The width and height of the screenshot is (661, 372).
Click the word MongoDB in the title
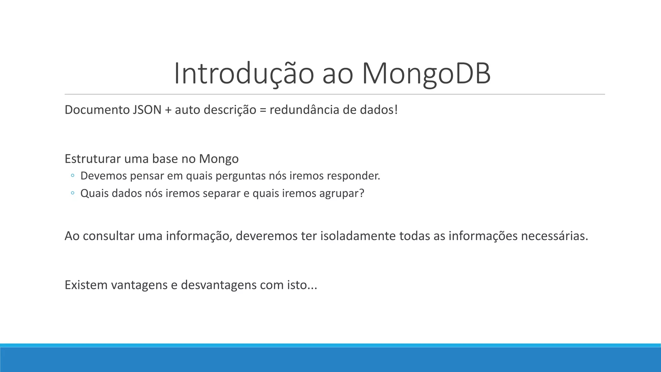(426, 74)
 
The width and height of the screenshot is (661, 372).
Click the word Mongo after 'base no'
(219, 159)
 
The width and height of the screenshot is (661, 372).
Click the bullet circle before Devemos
(73, 176)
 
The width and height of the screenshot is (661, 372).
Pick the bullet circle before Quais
(73, 193)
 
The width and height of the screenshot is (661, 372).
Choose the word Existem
(86, 285)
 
